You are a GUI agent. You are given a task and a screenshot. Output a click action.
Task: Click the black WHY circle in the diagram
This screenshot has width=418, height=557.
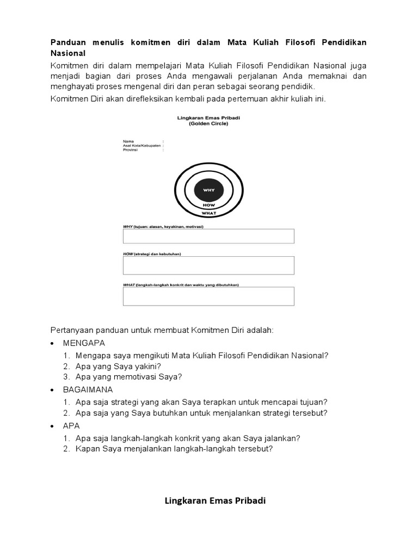208,190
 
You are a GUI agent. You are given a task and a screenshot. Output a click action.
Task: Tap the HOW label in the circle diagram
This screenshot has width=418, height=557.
208,205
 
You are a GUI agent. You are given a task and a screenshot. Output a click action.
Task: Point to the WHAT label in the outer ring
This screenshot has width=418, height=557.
208,213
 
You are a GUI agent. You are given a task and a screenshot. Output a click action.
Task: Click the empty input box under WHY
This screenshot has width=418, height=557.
208,236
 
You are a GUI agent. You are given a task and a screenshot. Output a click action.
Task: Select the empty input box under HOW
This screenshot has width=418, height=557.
208,265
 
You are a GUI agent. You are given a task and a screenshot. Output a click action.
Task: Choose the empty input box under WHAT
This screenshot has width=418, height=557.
208,296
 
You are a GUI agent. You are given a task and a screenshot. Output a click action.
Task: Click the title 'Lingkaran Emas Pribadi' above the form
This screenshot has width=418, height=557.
208,117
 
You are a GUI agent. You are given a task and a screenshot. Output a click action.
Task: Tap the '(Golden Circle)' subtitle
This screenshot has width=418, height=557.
208,123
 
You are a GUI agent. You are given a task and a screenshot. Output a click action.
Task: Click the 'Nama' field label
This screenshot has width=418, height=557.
128,141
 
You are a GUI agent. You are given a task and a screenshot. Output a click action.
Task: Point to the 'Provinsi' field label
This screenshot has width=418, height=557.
131,150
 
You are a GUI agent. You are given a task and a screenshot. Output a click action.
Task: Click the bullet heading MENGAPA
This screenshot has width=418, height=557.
84,343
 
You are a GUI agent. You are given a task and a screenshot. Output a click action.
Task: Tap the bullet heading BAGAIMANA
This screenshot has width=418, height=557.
88,390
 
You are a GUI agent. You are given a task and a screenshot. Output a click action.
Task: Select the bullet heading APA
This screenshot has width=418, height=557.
71,425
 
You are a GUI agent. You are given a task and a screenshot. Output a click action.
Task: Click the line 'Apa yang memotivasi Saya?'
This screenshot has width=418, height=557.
129,376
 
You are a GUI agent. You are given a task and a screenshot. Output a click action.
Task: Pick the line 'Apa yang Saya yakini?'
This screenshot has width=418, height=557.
119,366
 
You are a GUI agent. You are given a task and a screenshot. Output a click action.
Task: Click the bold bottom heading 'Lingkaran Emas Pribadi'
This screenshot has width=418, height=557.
215,500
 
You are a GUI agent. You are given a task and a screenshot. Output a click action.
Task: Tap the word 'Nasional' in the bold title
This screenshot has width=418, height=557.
68,53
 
